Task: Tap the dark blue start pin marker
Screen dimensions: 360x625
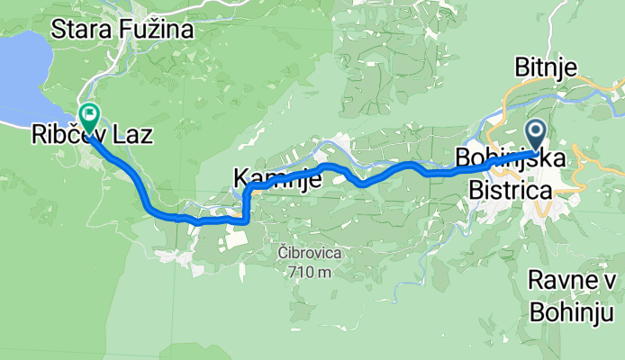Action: coord(535,135)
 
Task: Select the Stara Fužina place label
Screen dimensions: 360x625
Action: coord(122,31)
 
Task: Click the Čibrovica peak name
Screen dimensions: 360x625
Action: coord(307,255)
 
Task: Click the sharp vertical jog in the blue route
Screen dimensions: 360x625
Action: coord(245,203)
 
